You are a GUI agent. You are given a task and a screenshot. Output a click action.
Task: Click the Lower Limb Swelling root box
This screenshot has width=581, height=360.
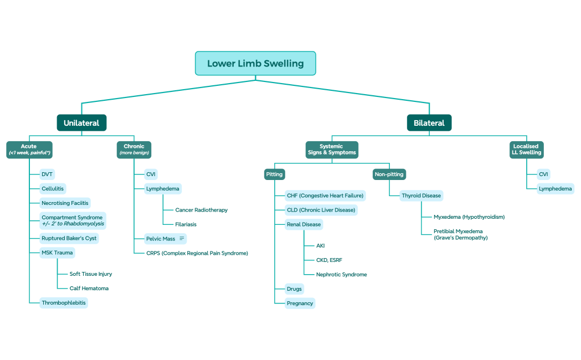[255, 64]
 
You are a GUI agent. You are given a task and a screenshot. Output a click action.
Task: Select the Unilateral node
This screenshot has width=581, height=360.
[81, 123]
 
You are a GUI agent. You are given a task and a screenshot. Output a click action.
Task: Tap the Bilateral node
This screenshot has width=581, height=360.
[429, 123]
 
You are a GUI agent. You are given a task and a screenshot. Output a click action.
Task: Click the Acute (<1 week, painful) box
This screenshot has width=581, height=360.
[29, 150]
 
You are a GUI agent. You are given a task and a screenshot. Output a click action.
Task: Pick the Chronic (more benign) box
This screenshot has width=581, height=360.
[134, 150]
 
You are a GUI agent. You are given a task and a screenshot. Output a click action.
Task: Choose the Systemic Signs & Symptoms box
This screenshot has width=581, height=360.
[331, 150]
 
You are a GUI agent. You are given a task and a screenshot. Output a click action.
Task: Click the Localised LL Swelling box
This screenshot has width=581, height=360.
[526, 150]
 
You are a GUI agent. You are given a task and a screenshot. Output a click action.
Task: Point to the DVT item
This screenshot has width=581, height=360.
[48, 174]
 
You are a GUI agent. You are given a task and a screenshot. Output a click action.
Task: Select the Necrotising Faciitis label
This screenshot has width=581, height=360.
[65, 203]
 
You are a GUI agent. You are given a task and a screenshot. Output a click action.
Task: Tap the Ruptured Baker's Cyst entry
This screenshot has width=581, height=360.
[69, 239]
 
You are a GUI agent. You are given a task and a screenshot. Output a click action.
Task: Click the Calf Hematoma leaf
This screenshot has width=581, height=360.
[89, 289]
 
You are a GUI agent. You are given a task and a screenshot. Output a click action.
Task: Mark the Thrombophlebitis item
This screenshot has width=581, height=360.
[64, 303]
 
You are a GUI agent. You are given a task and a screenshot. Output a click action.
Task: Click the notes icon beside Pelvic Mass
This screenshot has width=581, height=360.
[182, 239]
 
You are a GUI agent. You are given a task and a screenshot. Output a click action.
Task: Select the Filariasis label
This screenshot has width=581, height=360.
[186, 224]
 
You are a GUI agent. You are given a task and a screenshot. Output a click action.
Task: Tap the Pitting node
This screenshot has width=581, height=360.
[274, 174]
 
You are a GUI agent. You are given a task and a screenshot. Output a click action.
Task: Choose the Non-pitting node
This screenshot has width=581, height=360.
[389, 174]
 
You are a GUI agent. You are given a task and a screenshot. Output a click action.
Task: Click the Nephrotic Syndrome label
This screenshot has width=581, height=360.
[341, 275]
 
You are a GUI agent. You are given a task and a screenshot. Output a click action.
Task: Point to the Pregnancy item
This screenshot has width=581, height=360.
[300, 304]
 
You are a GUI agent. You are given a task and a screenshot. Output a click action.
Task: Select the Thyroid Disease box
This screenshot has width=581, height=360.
[421, 196]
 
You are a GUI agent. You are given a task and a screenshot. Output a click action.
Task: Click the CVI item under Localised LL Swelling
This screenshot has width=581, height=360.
[543, 174]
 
